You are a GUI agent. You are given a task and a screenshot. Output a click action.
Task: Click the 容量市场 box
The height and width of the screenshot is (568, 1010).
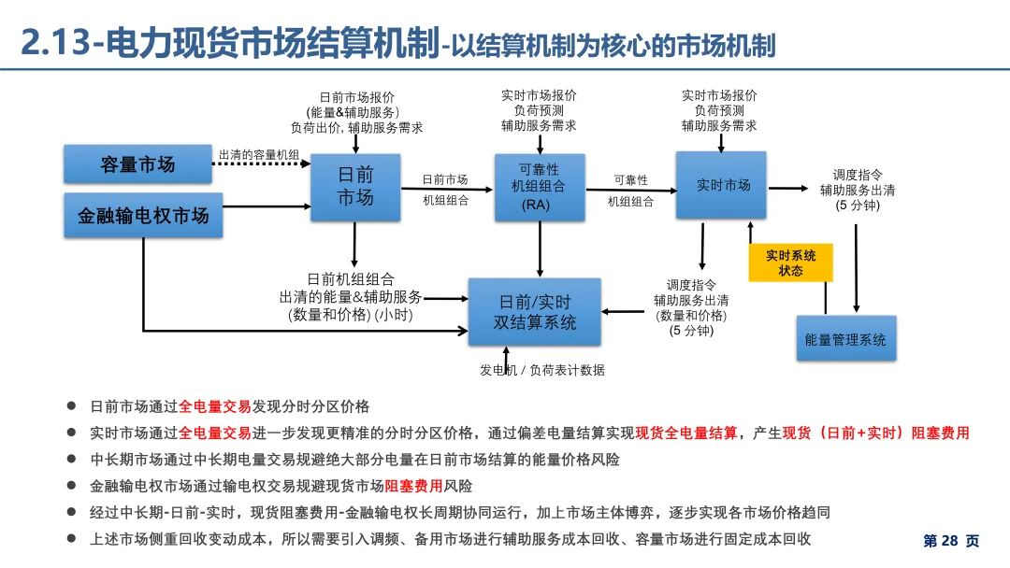pyautogui.click(x=137, y=164)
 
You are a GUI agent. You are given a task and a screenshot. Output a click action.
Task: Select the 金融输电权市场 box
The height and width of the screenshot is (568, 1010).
pyautogui.click(x=143, y=215)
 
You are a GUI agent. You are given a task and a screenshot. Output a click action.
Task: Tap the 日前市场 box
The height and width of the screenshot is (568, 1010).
pyautogui.click(x=355, y=187)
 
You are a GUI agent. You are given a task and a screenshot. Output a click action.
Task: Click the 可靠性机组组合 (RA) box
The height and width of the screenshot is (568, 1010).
pyautogui.click(x=540, y=187)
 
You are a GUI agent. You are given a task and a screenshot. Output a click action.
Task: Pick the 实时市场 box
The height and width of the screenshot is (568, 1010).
pyautogui.click(x=721, y=185)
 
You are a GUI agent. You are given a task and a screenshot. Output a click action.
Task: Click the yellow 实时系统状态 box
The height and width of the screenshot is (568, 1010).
pyautogui.click(x=790, y=263)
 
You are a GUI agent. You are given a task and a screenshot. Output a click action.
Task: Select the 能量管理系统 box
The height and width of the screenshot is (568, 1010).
pyautogui.click(x=845, y=338)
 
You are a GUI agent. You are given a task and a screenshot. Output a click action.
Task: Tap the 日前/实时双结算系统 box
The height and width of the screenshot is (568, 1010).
pyautogui.click(x=535, y=312)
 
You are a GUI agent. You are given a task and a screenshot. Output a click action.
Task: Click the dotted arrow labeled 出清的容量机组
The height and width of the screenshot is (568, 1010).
pyautogui.click(x=262, y=165)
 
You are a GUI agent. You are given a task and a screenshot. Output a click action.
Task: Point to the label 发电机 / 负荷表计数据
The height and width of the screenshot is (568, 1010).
pyautogui.click(x=542, y=370)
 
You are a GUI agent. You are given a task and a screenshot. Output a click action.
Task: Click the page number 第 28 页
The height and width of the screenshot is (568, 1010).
pyautogui.click(x=951, y=541)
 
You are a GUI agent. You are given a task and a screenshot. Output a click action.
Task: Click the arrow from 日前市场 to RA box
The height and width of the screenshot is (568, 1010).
pyautogui.click(x=447, y=189)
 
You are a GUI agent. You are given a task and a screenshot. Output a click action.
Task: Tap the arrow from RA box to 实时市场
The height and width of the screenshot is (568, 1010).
pyautogui.click(x=630, y=190)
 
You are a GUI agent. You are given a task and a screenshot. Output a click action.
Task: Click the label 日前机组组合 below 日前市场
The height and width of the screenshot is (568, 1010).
pyautogui.click(x=351, y=278)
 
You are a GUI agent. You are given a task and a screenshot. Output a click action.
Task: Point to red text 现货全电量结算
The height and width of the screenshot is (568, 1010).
pyautogui.click(x=686, y=433)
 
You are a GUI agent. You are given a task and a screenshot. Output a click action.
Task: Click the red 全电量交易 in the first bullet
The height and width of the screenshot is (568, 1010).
pyautogui.click(x=215, y=406)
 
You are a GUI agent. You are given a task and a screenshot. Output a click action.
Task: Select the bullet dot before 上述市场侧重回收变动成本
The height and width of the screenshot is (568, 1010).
pyautogui.click(x=71, y=539)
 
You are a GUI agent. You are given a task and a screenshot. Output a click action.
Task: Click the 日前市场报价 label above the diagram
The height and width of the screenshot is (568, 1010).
pyautogui.click(x=356, y=97)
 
